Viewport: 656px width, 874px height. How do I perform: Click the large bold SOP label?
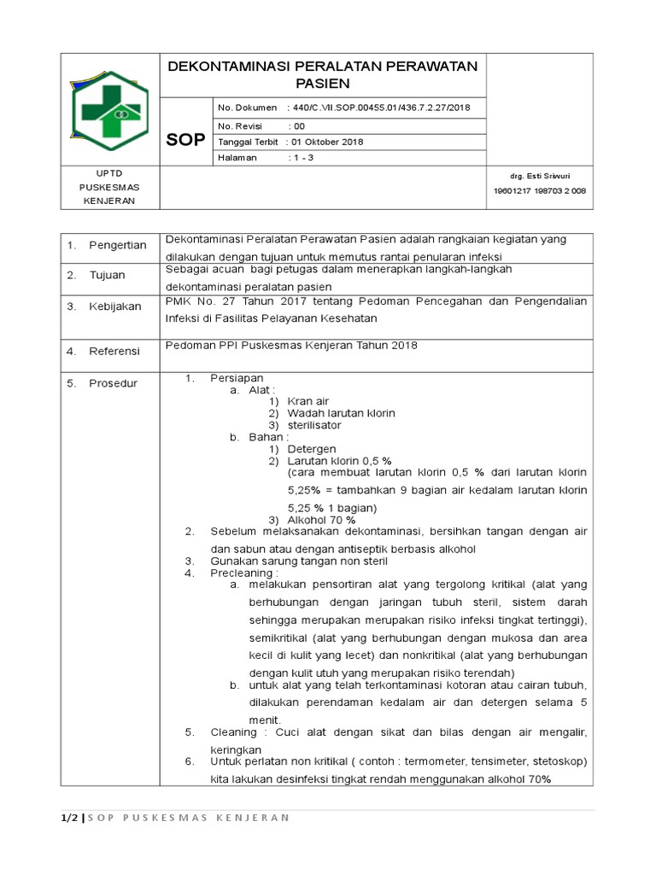(x=185, y=139)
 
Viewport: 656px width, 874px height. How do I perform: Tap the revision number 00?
(x=299, y=125)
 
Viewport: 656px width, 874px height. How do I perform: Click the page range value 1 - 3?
(x=302, y=158)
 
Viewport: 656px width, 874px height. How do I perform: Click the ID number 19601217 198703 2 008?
(x=540, y=191)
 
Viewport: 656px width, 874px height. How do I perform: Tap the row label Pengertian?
(x=118, y=246)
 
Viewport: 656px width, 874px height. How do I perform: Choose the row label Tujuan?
(x=108, y=275)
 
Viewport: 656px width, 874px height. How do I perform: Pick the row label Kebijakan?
(x=115, y=306)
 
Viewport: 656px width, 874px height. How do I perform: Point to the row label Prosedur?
(x=113, y=383)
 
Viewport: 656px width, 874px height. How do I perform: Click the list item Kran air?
(x=308, y=400)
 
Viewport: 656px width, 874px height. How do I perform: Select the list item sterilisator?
(x=314, y=424)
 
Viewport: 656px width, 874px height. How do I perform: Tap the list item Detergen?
(x=312, y=448)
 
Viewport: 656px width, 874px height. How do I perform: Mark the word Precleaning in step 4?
(x=243, y=574)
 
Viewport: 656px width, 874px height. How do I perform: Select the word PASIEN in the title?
(x=323, y=84)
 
